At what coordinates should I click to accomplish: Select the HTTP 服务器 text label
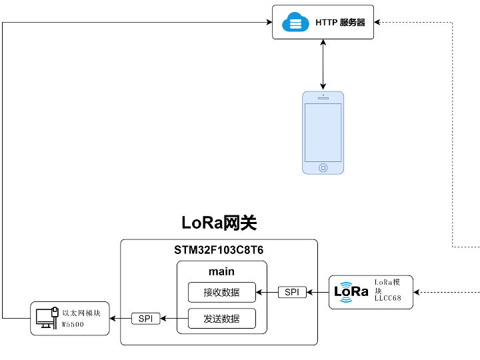340,23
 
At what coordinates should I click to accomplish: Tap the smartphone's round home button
323,167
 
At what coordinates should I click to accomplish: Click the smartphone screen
323,132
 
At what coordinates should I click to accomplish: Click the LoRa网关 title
219,223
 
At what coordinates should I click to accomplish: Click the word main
221,271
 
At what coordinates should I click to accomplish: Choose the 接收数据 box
221,292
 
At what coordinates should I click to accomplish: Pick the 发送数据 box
221,319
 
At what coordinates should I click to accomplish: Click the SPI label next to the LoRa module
292,292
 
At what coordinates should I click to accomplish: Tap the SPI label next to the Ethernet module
145,319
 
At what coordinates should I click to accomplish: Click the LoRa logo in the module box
351,292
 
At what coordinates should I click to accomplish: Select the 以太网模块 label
81,312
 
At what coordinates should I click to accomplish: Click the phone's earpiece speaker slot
323,98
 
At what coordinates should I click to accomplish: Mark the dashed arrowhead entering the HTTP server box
377,23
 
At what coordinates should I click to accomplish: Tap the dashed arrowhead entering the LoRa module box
416,292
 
